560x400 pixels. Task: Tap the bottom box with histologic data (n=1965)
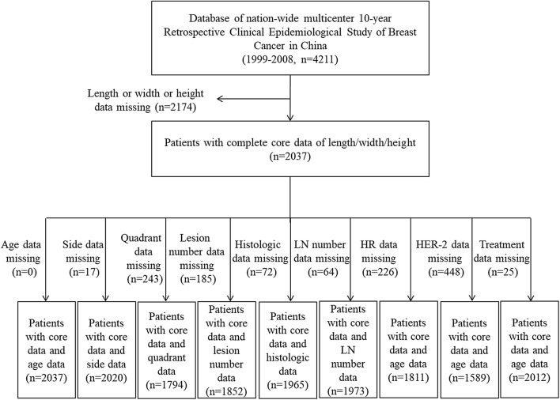tap(286, 352)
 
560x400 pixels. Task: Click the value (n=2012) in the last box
tap(528, 376)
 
